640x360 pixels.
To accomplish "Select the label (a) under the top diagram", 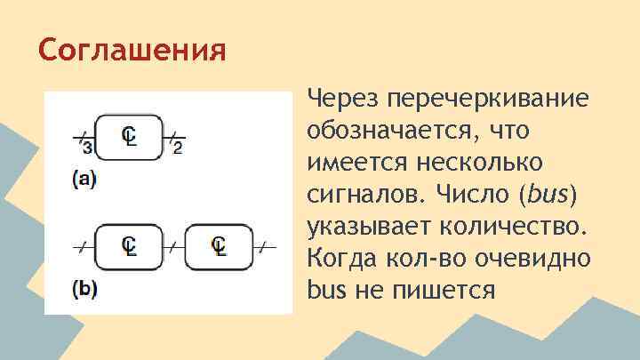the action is (x=84, y=179).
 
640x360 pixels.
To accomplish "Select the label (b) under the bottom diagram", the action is (x=84, y=291).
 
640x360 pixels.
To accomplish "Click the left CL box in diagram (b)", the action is (x=129, y=246).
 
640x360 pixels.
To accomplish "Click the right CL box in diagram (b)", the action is (x=219, y=246).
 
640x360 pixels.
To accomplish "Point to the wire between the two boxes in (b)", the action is (x=174, y=246).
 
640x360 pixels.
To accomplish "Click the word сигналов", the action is (x=362, y=195).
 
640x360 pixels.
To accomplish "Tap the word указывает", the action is (x=376, y=227).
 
